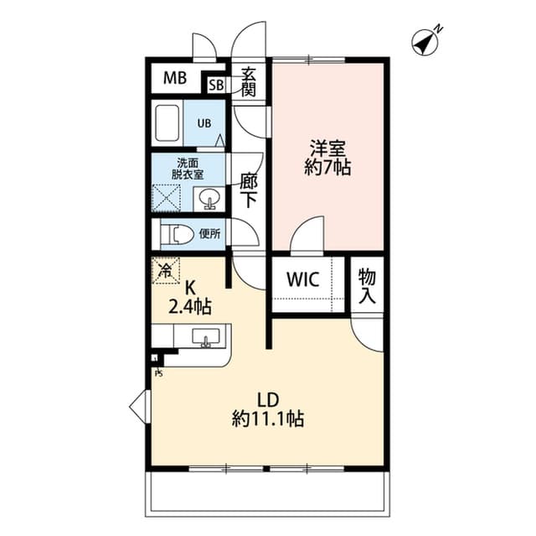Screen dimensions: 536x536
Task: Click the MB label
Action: click(x=174, y=79)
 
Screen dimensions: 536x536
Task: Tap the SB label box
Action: click(x=216, y=85)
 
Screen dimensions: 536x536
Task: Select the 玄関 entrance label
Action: click(x=248, y=81)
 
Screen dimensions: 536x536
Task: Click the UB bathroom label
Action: click(x=204, y=122)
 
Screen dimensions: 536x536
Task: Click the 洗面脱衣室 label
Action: click(x=188, y=169)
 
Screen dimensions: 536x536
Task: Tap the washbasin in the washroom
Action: click(x=209, y=200)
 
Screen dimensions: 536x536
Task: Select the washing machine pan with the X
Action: click(x=166, y=199)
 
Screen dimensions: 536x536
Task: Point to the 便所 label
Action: click(x=209, y=233)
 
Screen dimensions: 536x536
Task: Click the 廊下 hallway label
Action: click(x=248, y=190)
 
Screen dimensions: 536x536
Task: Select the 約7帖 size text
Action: click(x=328, y=167)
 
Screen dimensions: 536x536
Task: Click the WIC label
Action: click(x=302, y=280)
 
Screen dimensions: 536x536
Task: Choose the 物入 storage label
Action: click(x=367, y=285)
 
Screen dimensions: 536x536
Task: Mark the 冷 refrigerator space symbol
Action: click(x=166, y=271)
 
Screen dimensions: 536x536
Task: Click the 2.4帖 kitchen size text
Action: click(x=190, y=307)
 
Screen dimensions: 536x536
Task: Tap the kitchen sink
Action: click(x=205, y=337)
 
